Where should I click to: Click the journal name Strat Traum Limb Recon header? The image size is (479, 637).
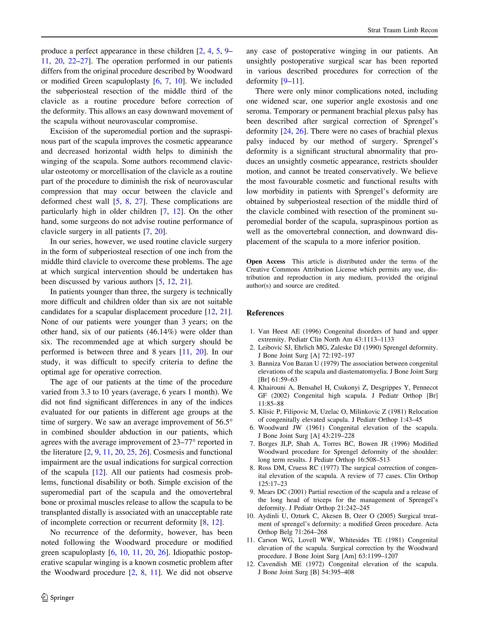[402, 30]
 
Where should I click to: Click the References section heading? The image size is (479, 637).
[265, 313]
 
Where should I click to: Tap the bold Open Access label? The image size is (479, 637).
[265, 261]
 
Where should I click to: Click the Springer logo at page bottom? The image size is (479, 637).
[58, 597]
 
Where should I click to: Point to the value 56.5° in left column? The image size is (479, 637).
[224, 422]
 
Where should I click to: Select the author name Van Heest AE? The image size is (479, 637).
[279, 331]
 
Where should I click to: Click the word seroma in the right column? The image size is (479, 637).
[258, 111]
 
